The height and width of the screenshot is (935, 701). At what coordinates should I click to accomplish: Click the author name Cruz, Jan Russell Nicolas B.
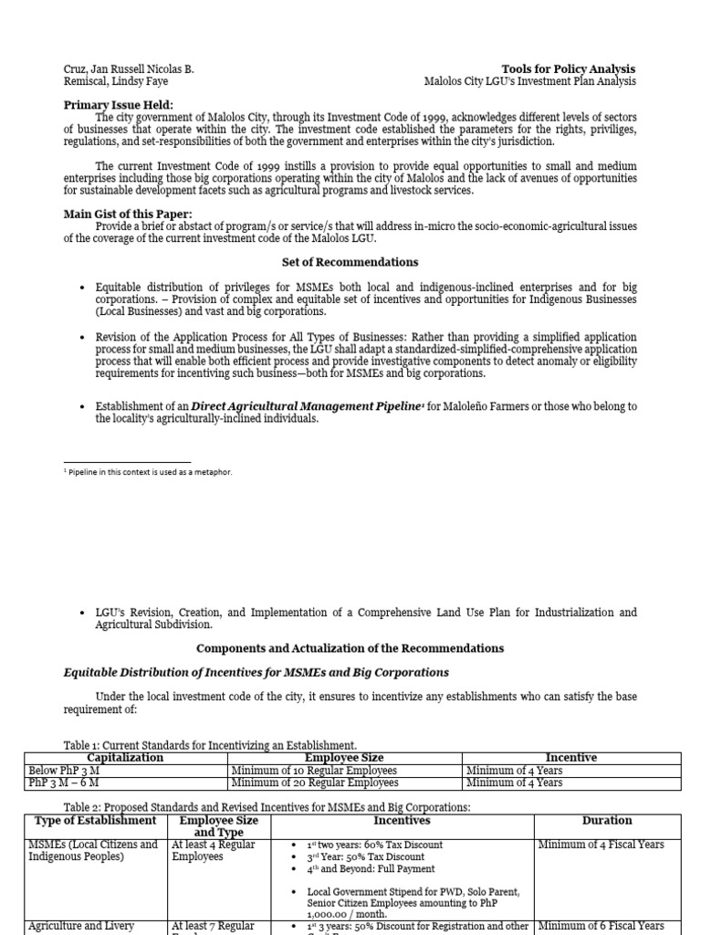(128, 69)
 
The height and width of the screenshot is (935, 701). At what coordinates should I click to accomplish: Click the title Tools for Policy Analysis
(568, 69)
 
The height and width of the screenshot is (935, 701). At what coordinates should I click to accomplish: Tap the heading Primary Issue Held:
(119, 105)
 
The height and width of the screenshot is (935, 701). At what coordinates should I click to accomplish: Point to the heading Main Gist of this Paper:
(127, 214)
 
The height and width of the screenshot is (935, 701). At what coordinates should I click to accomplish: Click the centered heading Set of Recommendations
(350, 262)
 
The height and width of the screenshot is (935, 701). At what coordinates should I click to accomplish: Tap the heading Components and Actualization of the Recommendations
(350, 648)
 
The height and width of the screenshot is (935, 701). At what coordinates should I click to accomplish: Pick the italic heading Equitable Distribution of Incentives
(256, 673)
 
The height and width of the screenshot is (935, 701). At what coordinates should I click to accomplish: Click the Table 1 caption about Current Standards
(210, 745)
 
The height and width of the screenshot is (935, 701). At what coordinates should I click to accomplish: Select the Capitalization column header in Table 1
(125, 758)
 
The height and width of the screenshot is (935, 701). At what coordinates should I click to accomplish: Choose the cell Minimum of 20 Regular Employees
(315, 783)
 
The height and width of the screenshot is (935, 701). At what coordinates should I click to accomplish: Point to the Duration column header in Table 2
(606, 820)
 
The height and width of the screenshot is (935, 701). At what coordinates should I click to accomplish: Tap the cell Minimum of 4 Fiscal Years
(601, 845)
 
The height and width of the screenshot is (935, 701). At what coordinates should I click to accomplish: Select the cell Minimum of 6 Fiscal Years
(601, 926)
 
